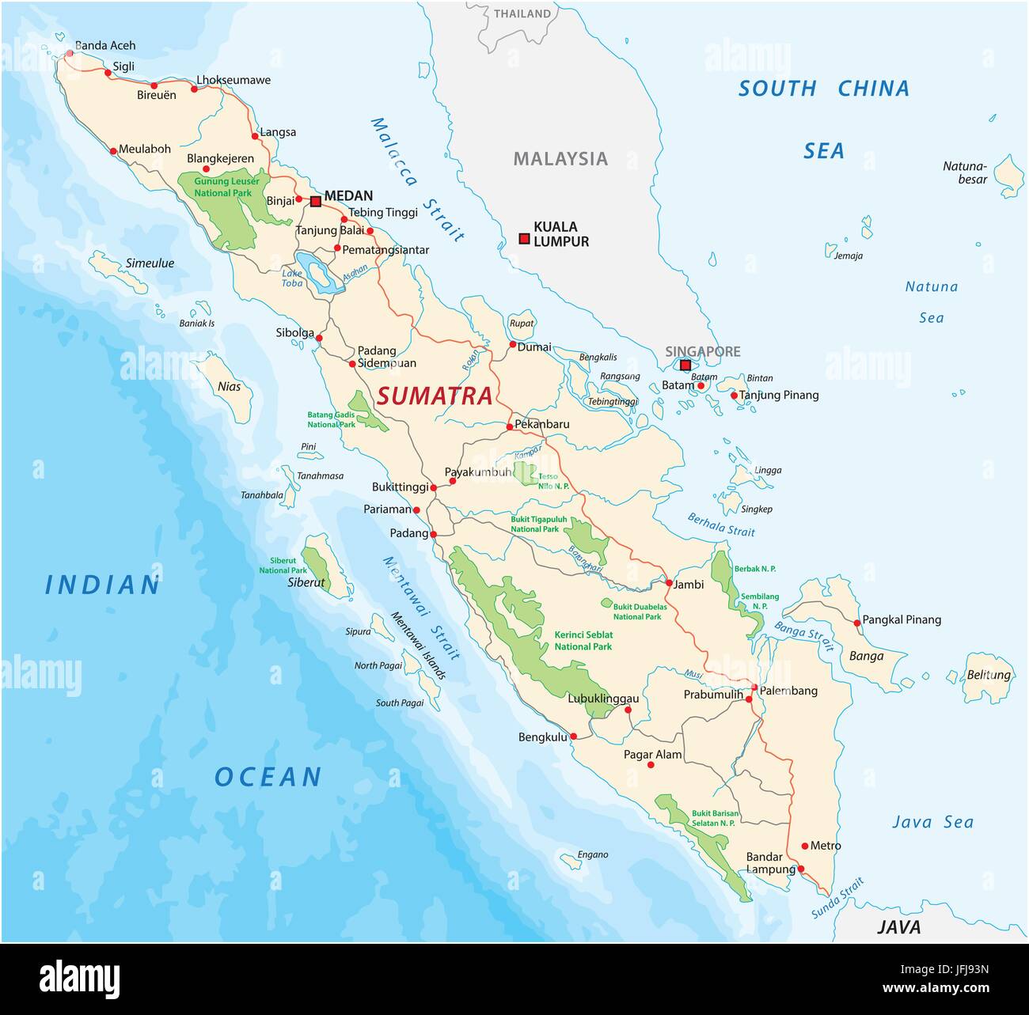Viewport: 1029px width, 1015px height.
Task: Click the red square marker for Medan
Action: (x=316, y=202)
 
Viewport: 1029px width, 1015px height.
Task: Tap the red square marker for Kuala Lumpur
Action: (x=524, y=238)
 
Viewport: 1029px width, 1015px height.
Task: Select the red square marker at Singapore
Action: (x=685, y=365)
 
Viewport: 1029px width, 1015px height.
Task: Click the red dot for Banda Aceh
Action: (x=70, y=54)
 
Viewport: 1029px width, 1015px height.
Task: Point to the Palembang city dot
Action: (x=754, y=687)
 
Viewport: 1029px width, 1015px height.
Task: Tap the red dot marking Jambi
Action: (x=669, y=583)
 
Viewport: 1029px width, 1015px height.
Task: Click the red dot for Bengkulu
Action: (x=574, y=737)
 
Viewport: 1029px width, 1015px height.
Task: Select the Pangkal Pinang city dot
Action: (x=857, y=623)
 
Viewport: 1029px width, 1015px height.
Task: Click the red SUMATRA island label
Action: (x=435, y=396)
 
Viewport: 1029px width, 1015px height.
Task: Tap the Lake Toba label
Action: (x=292, y=278)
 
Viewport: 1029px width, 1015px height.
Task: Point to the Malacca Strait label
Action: (x=417, y=180)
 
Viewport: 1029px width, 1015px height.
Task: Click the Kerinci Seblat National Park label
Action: (x=583, y=640)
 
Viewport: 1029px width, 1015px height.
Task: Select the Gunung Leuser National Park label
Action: (x=222, y=187)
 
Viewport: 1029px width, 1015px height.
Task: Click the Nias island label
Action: (x=229, y=387)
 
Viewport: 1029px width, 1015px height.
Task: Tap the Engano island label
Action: (x=593, y=854)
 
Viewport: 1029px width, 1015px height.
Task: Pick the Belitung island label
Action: (x=989, y=675)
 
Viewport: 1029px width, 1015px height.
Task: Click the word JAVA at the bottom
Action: (x=898, y=927)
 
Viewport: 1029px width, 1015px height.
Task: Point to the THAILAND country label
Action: (x=522, y=13)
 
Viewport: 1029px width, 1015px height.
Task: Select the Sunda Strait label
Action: (x=837, y=899)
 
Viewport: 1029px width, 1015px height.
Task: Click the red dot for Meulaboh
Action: (x=113, y=150)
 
